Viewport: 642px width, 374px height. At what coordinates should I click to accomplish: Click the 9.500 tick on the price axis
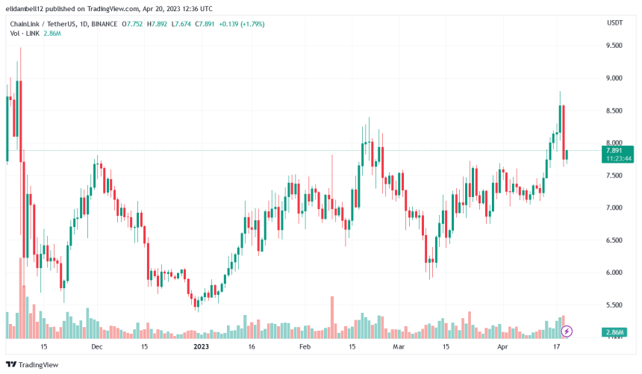[615, 46]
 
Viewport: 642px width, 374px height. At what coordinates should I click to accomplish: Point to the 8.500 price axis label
[615, 110]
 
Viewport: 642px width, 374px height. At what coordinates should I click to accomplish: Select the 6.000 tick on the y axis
[615, 272]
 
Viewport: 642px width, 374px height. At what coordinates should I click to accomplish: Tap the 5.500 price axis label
[615, 305]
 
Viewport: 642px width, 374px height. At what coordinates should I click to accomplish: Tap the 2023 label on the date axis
[202, 347]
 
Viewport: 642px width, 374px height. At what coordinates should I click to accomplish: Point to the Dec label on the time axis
[96, 347]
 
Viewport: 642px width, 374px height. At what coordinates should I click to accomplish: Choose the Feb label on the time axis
[304, 347]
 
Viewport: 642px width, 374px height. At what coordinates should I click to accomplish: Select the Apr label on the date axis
[502, 347]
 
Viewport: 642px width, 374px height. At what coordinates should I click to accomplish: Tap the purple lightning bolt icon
[567, 331]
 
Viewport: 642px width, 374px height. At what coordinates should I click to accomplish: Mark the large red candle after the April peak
[563, 131]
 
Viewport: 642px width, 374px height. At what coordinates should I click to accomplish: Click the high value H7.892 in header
[159, 24]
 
